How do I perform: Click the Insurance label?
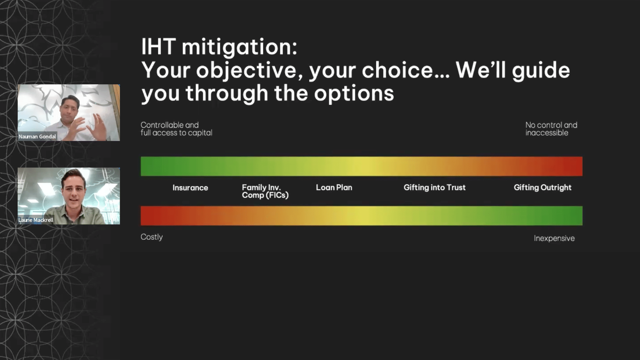(190, 188)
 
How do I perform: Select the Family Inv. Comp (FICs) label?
(265, 191)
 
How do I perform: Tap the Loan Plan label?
(334, 187)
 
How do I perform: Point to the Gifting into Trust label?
(435, 188)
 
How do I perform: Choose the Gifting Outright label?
(543, 188)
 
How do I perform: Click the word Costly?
(152, 237)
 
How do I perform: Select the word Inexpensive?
(554, 238)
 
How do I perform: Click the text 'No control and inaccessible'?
(551, 129)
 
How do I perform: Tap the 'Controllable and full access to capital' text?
(176, 129)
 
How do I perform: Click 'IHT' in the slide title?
(159, 46)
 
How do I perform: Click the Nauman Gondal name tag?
(37, 136)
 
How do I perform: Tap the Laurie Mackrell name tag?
(36, 220)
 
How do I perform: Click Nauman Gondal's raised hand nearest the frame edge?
(100, 126)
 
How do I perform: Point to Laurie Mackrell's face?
(74, 193)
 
